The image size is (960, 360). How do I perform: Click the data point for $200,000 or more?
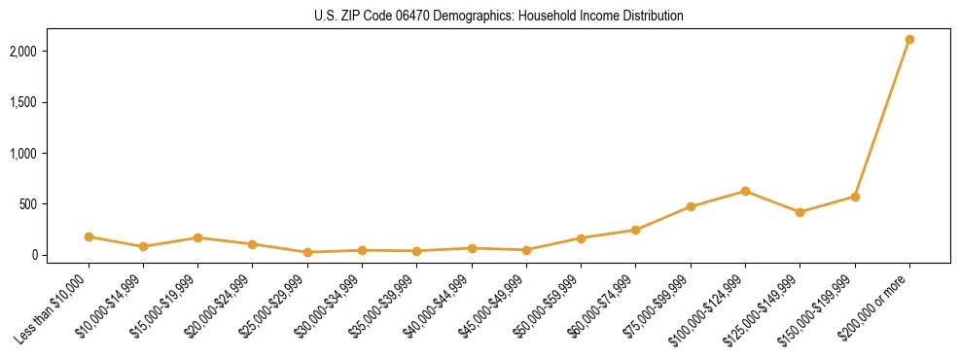click(909, 40)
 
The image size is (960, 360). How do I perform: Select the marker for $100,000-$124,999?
click(745, 191)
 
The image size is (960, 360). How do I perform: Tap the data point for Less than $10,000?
click(89, 236)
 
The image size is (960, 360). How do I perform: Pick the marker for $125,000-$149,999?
click(800, 212)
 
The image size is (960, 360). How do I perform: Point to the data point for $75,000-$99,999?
click(691, 206)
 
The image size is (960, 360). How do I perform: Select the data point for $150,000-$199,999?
click(855, 197)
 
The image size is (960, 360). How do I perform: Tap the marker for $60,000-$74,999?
click(635, 230)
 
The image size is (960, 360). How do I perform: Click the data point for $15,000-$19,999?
click(197, 237)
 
